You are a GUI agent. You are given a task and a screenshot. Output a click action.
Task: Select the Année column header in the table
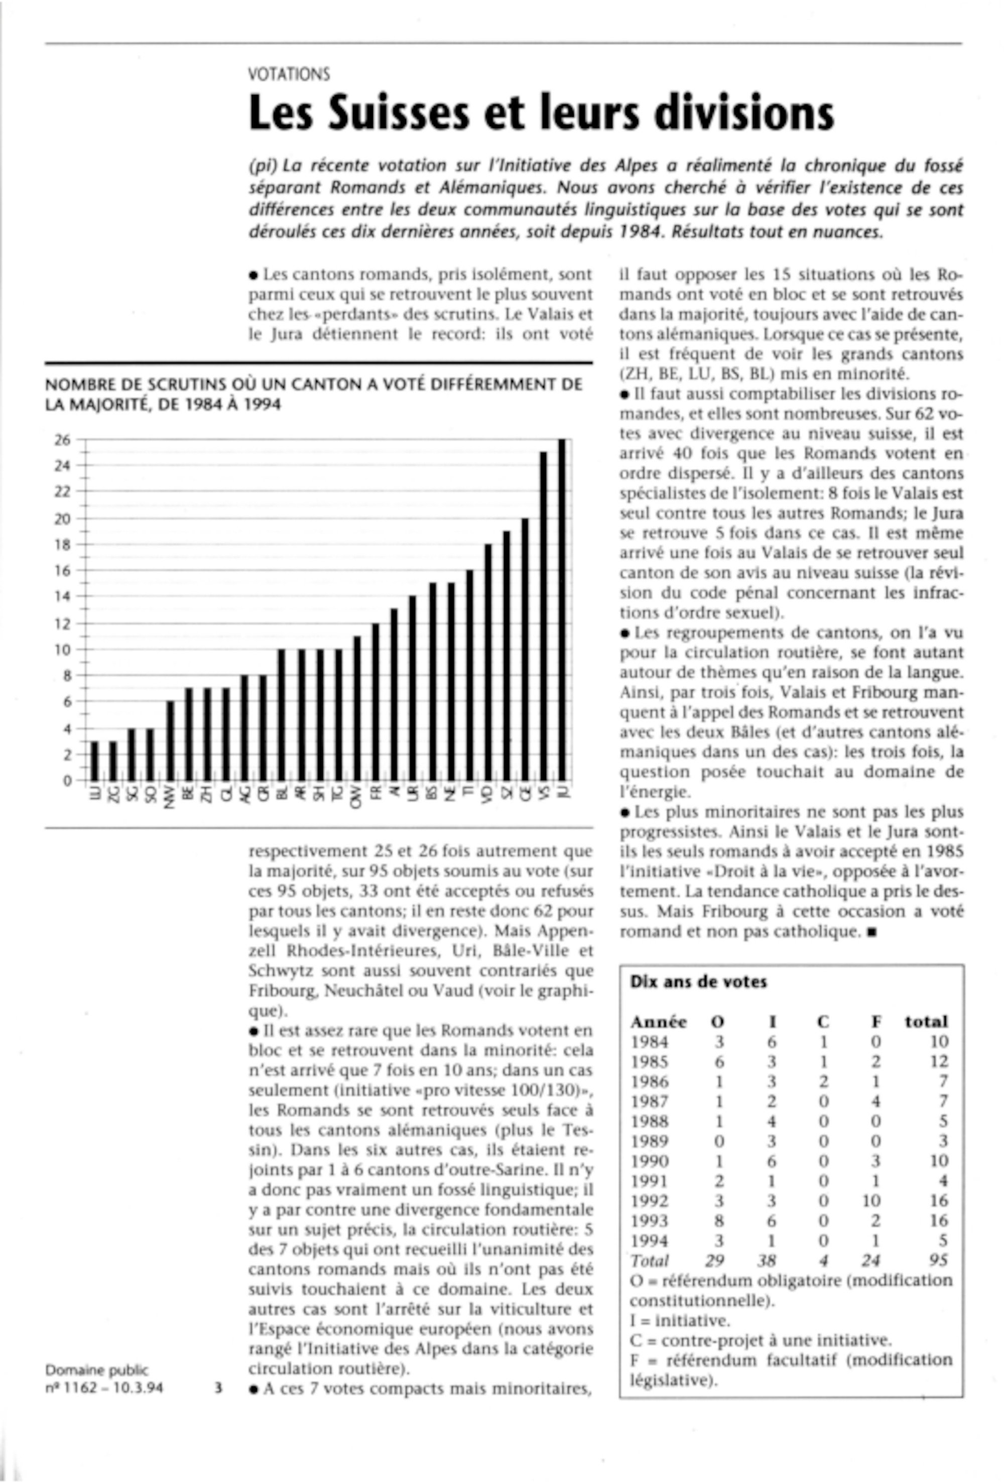[658, 1022]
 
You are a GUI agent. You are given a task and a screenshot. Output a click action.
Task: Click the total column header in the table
[926, 1022]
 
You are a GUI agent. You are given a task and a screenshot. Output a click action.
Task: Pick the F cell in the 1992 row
[871, 1200]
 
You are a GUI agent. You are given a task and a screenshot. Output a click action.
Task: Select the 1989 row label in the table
[650, 1141]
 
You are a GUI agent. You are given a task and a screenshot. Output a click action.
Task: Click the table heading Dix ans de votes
[698, 982]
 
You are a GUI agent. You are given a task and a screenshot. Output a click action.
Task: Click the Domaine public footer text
[96, 1370]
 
